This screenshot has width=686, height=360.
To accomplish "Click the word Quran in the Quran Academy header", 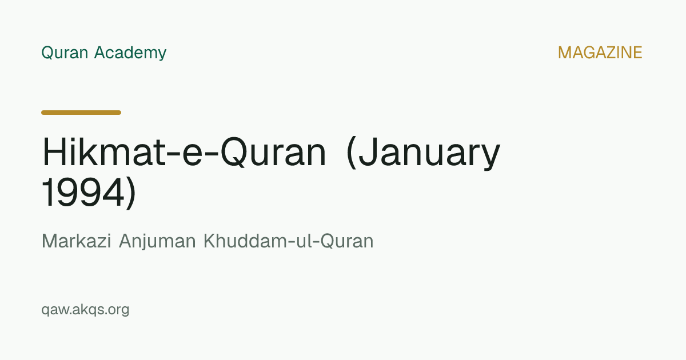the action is (65, 53).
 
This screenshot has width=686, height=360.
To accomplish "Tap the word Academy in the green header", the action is (130, 53).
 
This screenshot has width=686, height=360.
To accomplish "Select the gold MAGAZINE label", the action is (600, 53).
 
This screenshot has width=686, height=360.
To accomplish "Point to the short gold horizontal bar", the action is (81, 113).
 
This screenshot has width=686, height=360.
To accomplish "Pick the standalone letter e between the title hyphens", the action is (192, 155).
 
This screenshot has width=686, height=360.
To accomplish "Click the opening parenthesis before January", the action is (351, 153).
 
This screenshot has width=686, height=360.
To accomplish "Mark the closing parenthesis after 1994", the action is (131, 194).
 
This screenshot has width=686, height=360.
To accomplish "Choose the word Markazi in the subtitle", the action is (76, 241).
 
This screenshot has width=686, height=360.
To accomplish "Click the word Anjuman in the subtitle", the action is (157, 242).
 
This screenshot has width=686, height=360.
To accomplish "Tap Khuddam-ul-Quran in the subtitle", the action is (289, 241).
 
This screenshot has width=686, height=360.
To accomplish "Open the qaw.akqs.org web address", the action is (85, 310).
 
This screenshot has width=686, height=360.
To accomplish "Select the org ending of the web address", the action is (117, 310).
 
